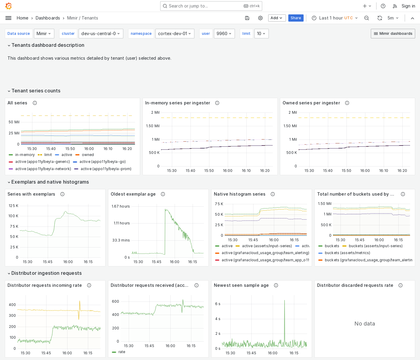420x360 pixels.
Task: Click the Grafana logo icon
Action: point(9,6)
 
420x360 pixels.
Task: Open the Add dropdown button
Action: point(277,18)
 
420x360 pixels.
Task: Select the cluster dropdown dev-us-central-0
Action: point(100,34)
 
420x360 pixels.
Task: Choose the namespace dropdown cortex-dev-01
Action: point(175,34)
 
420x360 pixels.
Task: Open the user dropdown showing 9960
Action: point(224,34)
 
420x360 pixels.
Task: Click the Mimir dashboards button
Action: point(393,34)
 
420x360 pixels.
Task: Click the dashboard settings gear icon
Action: point(260,18)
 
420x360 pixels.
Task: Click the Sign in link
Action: point(408,6)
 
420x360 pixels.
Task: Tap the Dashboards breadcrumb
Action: point(48,18)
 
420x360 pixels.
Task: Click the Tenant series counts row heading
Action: point(36,91)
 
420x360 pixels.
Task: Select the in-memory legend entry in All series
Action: point(25,155)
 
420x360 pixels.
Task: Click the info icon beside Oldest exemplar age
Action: point(163,194)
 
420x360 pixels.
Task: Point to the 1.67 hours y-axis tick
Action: point(121,206)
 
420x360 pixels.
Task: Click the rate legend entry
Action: point(122,352)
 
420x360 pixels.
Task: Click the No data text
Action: point(364,324)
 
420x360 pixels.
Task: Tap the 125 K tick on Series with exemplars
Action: point(13,206)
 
